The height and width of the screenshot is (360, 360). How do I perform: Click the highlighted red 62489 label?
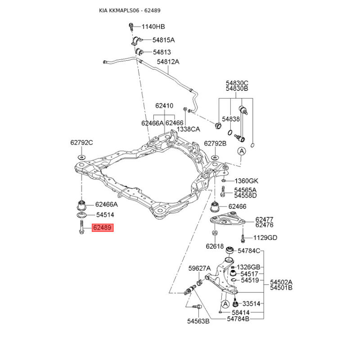(x=103, y=228)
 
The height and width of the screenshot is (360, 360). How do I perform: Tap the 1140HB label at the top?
(x=153, y=27)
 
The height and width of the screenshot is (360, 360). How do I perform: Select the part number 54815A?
(x=163, y=40)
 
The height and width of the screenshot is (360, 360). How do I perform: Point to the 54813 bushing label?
(x=162, y=52)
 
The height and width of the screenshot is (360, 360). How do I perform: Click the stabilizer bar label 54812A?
(x=168, y=62)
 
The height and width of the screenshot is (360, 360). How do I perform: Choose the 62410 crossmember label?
(x=164, y=106)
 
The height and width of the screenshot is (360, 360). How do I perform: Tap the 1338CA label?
(x=188, y=129)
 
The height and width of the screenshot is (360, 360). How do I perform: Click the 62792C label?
(x=81, y=143)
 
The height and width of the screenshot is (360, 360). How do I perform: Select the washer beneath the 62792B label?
(x=215, y=158)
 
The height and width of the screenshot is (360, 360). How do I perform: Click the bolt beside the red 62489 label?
(x=81, y=227)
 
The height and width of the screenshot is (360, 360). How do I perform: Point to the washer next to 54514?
(x=81, y=215)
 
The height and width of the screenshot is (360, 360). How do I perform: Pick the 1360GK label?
(x=246, y=181)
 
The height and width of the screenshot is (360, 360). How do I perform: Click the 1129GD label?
(x=265, y=238)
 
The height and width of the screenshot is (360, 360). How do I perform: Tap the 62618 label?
(x=215, y=246)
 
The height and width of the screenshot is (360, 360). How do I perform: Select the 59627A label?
(x=199, y=268)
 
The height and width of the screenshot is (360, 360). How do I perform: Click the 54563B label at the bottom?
(x=198, y=321)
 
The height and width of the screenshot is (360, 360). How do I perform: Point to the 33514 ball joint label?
(x=251, y=304)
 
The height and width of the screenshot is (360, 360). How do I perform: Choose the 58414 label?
(x=240, y=312)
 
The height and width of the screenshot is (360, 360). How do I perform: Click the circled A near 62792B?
(x=241, y=151)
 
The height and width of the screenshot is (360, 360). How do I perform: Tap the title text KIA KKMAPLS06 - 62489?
(x=130, y=10)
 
